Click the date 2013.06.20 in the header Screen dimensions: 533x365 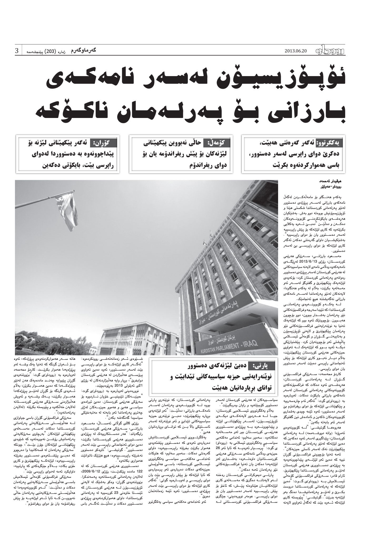(x=296, y=51)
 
